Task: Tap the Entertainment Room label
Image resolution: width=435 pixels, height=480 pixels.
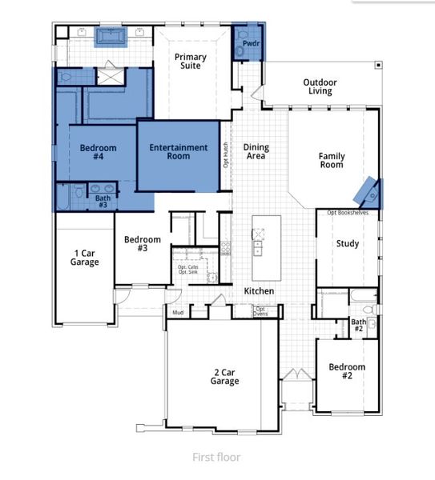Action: pos(179,152)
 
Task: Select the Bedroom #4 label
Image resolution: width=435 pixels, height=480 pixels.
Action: pos(98,152)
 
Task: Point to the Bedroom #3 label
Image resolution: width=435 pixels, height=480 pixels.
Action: pos(143,244)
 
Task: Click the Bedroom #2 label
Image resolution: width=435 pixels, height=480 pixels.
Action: pos(348,371)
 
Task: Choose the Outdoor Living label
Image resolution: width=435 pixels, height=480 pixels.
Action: pos(320,86)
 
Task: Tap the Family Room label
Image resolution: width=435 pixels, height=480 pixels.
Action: pos(331,160)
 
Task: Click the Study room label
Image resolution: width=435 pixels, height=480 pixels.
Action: pos(347,244)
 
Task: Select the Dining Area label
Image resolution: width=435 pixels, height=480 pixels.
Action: pos(256,151)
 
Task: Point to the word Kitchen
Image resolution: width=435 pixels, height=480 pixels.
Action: pos(259,291)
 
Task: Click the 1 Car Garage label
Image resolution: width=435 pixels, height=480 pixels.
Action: pos(84,258)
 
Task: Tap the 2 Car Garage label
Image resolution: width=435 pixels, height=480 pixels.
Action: pos(225,377)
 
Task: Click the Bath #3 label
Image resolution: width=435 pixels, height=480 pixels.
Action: pos(103,201)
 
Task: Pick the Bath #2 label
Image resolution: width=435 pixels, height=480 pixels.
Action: pos(359,326)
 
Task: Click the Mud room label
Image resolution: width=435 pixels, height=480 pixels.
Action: pos(177,314)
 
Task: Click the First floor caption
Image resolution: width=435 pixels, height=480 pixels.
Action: pos(217,458)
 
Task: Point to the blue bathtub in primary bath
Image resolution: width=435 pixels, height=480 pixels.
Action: pos(110,37)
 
